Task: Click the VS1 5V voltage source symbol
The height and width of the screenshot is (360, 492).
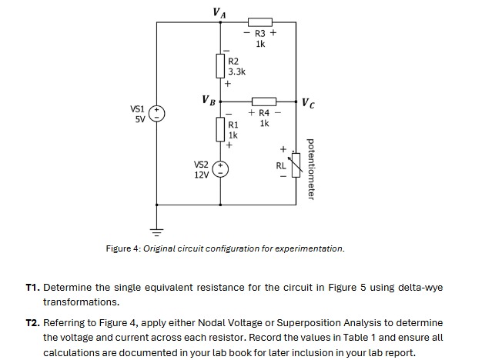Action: click(x=156, y=115)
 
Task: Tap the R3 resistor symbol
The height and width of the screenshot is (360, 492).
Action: click(x=259, y=22)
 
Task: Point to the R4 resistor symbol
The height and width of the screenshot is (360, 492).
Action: click(x=264, y=101)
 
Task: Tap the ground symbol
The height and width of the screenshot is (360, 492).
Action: click(x=156, y=229)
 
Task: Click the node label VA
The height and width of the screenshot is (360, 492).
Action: click(x=219, y=12)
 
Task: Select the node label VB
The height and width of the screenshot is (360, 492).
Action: click(x=208, y=100)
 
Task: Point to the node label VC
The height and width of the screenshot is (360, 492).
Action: click(x=307, y=102)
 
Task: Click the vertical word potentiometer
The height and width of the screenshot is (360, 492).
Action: click(x=311, y=168)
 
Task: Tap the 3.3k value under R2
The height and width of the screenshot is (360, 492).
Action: click(x=236, y=72)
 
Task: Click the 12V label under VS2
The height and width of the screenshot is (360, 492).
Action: click(x=202, y=175)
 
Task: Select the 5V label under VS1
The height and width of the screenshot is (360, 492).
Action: click(x=140, y=120)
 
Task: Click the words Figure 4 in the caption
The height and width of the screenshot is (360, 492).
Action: click(x=123, y=248)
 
